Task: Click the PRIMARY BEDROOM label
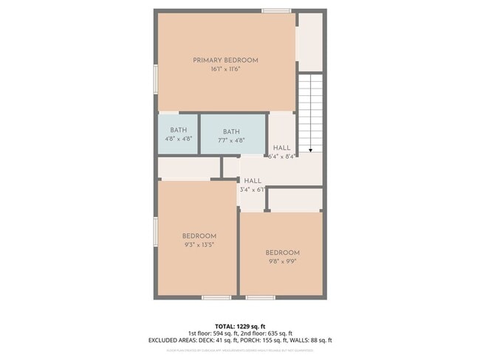click(x=225, y=60)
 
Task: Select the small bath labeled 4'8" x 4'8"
click(x=178, y=134)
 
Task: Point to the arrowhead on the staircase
click(x=311, y=150)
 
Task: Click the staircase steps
click(x=311, y=111)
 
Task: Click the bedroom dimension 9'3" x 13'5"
click(x=199, y=245)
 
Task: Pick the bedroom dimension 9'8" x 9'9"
click(x=283, y=261)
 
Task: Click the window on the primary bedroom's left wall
click(x=155, y=79)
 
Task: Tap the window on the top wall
click(x=276, y=11)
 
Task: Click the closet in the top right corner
click(x=310, y=41)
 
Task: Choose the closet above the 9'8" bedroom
click(x=295, y=199)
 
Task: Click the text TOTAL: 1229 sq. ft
click(x=240, y=325)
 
